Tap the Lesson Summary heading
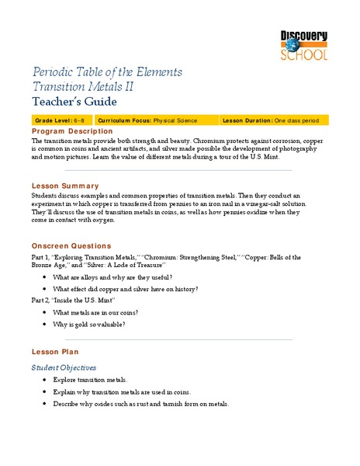pos(64,186)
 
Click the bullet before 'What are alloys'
pos(46,277)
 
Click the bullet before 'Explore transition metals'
pos(46,380)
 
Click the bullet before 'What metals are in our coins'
pos(46,311)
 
